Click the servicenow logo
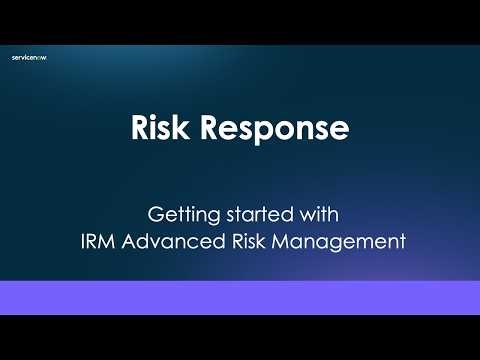point(29,58)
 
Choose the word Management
point(335,240)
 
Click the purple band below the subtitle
point(240,298)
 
